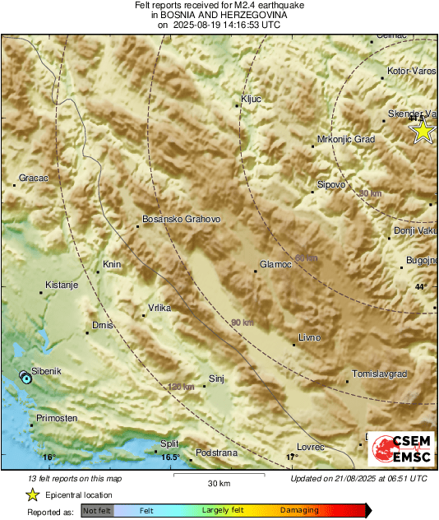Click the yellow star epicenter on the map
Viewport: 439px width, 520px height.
click(x=423, y=131)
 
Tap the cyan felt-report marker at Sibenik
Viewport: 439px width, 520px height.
click(x=26, y=378)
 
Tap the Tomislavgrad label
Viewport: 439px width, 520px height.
click(x=379, y=374)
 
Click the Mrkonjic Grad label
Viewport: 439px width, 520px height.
click(x=346, y=140)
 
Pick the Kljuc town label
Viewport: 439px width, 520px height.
click(x=251, y=99)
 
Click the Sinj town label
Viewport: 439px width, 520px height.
click(x=217, y=378)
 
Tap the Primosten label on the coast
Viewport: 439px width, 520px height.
click(x=56, y=418)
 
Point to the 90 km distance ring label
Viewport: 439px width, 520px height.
click(x=242, y=322)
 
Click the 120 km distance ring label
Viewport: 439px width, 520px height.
click(x=181, y=387)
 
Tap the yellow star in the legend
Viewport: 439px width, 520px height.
click(x=32, y=494)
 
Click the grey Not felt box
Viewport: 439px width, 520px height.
click(x=97, y=511)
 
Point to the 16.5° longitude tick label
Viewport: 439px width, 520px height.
click(x=169, y=457)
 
